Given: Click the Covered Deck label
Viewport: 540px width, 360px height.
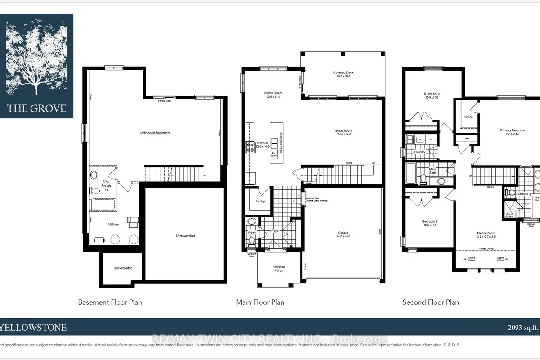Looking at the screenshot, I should pyautogui.click(x=342, y=74).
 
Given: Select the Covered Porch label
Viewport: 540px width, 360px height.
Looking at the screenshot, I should pyautogui.click(x=279, y=269).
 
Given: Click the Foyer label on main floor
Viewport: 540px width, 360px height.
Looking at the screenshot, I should pyautogui.click(x=275, y=231).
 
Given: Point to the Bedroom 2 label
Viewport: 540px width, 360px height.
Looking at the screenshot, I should pyautogui.click(x=432, y=96).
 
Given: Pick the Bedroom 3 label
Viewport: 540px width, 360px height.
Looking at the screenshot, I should pyautogui.click(x=430, y=224).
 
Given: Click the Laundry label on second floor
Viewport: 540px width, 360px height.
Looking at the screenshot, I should pyautogui.click(x=420, y=152).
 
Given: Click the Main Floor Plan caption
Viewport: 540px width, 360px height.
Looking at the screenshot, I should pyautogui.click(x=260, y=302).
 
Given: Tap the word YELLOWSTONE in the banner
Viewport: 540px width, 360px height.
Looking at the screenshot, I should pyautogui.click(x=33, y=328).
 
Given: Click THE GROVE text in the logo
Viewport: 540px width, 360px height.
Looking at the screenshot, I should pyautogui.click(x=36, y=108).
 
